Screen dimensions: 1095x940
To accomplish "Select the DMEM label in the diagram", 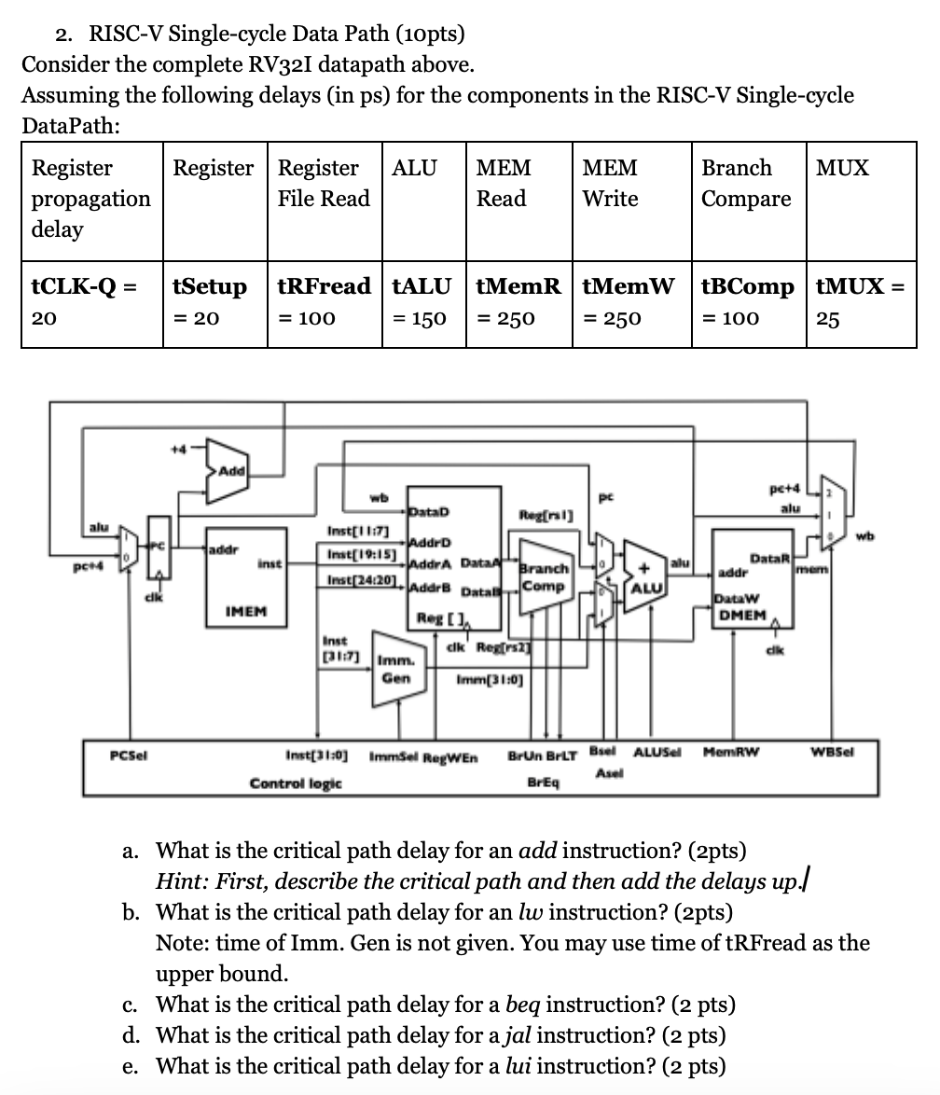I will [740, 615].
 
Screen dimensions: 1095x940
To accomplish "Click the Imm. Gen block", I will [396, 671].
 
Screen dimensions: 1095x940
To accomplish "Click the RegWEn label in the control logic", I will [451, 758].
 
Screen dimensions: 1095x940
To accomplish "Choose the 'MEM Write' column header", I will [610, 184].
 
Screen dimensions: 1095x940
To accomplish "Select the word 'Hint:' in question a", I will [181, 880].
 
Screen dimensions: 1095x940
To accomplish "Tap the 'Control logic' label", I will [296, 783].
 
